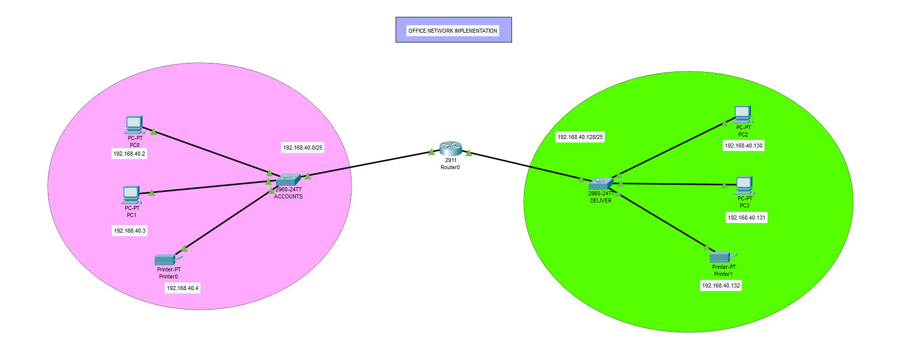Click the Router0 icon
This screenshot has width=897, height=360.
click(x=450, y=149)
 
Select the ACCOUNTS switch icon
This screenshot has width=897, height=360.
click(x=288, y=180)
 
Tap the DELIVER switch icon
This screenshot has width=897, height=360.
click(x=600, y=184)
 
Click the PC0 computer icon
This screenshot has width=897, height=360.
click(x=134, y=125)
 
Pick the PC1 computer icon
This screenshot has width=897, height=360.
click(x=131, y=195)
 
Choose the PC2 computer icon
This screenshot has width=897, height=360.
click(x=742, y=115)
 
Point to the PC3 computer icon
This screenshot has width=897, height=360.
click(x=744, y=185)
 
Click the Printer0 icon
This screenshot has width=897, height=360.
click(x=165, y=260)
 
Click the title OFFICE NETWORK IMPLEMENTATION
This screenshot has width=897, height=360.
click(x=453, y=31)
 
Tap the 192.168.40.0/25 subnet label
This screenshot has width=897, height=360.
click(x=302, y=148)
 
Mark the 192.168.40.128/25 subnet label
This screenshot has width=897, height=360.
click(x=580, y=137)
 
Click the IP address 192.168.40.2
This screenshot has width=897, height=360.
click(x=129, y=154)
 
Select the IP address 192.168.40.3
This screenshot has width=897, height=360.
click(x=129, y=231)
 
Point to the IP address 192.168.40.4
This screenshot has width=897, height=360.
click(x=182, y=288)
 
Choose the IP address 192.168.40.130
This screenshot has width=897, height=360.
click(x=743, y=146)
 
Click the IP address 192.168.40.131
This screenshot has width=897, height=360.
click(x=746, y=218)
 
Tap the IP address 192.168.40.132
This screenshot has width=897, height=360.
click(x=721, y=285)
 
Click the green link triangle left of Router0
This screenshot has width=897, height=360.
click(x=432, y=152)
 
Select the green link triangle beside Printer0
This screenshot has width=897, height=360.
click(x=184, y=248)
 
